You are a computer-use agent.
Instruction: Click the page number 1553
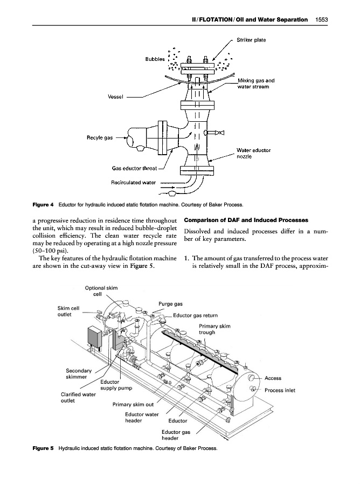click(322, 19)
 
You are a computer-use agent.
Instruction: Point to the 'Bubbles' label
click(155, 59)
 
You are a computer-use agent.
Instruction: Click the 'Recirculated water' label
click(133, 183)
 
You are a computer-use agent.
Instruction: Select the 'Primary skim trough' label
click(214, 329)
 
